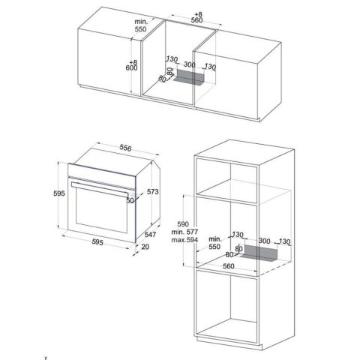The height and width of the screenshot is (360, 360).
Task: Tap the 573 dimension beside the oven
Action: [154, 192]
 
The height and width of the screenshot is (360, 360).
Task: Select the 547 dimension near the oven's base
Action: [152, 235]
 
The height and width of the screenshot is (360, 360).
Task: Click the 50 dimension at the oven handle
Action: [130, 201]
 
